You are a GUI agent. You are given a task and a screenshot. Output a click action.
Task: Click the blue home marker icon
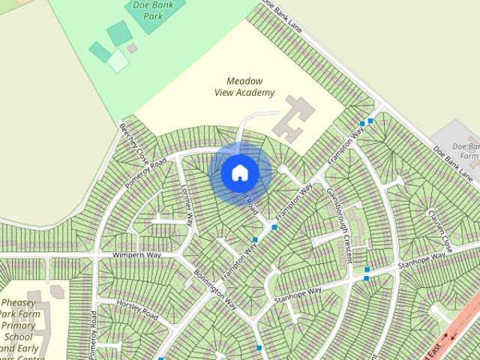coord(240,173)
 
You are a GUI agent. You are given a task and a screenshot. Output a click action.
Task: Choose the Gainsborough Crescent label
coord(339,224)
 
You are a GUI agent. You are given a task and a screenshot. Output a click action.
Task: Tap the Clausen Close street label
coord(439,229)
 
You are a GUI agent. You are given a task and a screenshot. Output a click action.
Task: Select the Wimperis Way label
coord(137,255)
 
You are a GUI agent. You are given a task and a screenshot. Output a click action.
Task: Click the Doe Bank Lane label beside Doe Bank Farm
coord(455,160)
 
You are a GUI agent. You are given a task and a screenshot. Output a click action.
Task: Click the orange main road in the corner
coord(457,322)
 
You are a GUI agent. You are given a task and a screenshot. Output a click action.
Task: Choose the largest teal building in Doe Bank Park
coord(119,34)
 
